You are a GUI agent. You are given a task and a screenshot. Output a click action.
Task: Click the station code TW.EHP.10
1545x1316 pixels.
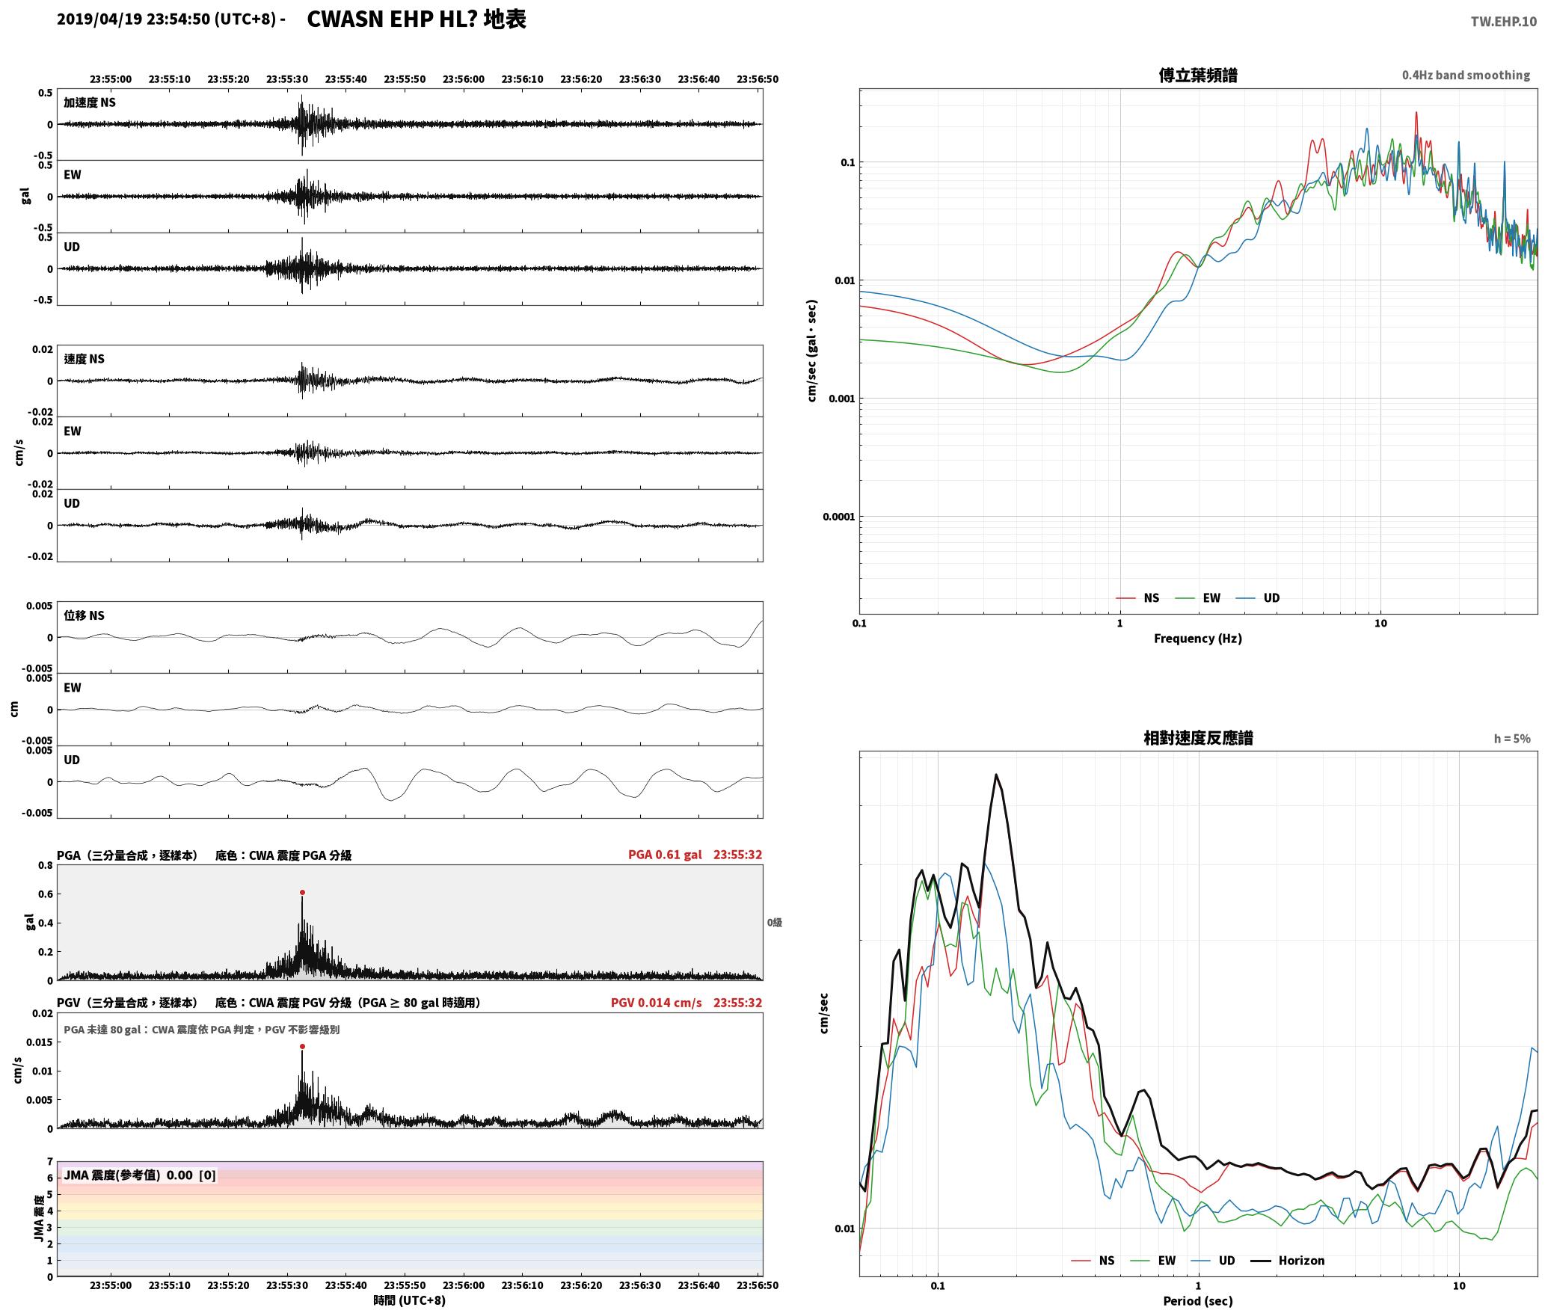coord(1503,22)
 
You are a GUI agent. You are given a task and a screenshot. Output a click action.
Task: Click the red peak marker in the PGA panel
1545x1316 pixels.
coord(302,892)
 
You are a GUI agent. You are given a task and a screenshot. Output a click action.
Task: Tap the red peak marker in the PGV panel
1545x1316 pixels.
coord(302,1046)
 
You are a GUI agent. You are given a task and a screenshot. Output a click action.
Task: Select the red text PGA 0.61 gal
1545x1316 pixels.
coord(665,855)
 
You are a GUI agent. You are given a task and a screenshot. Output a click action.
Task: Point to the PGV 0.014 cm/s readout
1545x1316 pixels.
coord(656,1003)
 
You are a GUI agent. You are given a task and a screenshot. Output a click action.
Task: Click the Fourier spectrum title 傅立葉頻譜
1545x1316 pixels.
coord(1198,75)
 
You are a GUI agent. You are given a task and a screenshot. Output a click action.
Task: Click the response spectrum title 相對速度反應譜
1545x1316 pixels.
coord(1198,738)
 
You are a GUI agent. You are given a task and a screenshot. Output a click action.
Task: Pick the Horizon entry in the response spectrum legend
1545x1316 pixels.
coord(1301,1260)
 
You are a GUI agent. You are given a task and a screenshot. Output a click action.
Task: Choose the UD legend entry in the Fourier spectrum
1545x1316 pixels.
coord(1271,597)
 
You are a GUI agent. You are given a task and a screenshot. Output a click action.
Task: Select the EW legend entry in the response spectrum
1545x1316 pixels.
coord(1167,1260)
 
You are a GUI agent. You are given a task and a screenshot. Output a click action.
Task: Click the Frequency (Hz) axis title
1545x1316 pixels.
coord(1198,639)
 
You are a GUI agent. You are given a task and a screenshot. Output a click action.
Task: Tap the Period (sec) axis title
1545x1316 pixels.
coord(1198,1301)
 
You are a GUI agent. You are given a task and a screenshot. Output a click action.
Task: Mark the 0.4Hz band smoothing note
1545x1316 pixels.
coord(1466,75)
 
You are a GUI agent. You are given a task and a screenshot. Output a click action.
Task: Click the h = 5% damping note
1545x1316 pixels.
coord(1512,739)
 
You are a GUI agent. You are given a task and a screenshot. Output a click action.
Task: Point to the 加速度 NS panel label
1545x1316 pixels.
coord(90,102)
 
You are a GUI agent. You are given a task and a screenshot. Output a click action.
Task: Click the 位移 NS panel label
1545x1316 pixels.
coord(84,615)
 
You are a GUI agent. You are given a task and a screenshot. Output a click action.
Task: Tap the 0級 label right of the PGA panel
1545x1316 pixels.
coord(774,923)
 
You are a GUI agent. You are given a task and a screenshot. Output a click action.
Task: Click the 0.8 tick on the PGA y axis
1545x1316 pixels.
coord(45,866)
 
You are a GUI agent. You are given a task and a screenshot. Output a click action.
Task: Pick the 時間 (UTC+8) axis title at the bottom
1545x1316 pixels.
coord(410,1300)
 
